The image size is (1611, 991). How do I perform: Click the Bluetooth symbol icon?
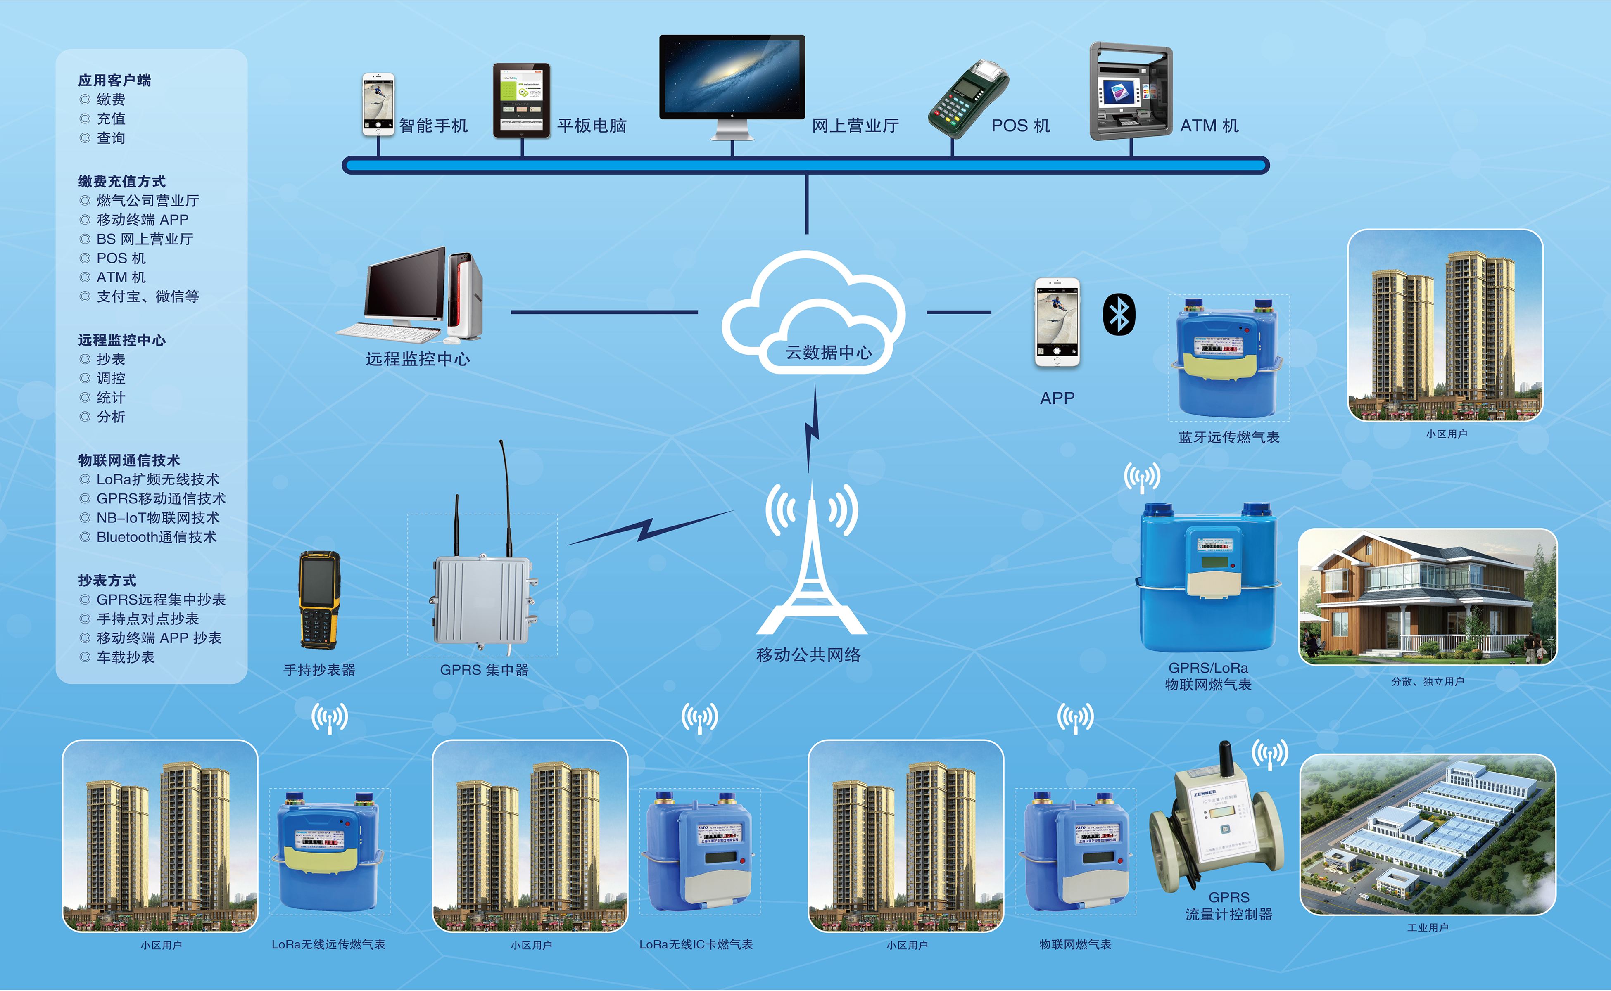click(1119, 315)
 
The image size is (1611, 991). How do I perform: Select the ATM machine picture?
click(1131, 91)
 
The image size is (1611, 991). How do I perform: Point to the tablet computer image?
click(521, 100)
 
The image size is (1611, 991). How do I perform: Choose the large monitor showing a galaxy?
click(732, 78)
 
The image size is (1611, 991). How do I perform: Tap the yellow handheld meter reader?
click(319, 599)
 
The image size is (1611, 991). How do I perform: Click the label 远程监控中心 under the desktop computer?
click(418, 359)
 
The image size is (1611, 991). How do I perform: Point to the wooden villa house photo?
click(1428, 596)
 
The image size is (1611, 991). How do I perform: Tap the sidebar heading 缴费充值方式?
click(122, 182)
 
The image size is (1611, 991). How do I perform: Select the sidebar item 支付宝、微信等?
click(147, 296)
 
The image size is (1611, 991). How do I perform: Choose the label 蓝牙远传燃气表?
click(1228, 437)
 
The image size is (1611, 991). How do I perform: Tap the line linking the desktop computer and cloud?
click(604, 312)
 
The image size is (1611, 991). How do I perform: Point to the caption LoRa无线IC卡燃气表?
click(696, 944)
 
